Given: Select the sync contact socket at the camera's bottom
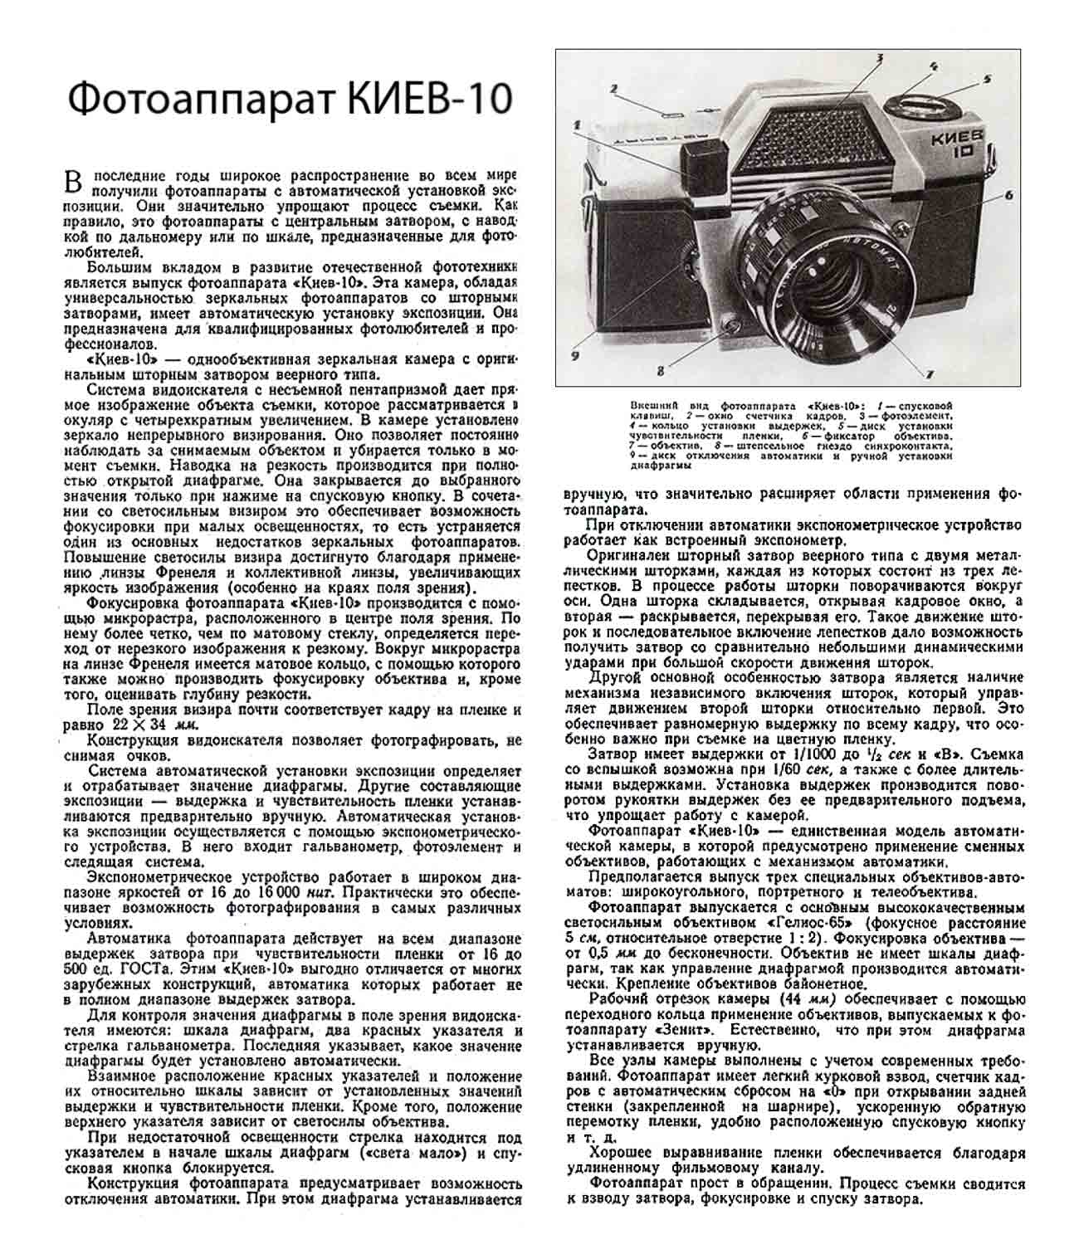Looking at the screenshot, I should pyautogui.click(x=728, y=325).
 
